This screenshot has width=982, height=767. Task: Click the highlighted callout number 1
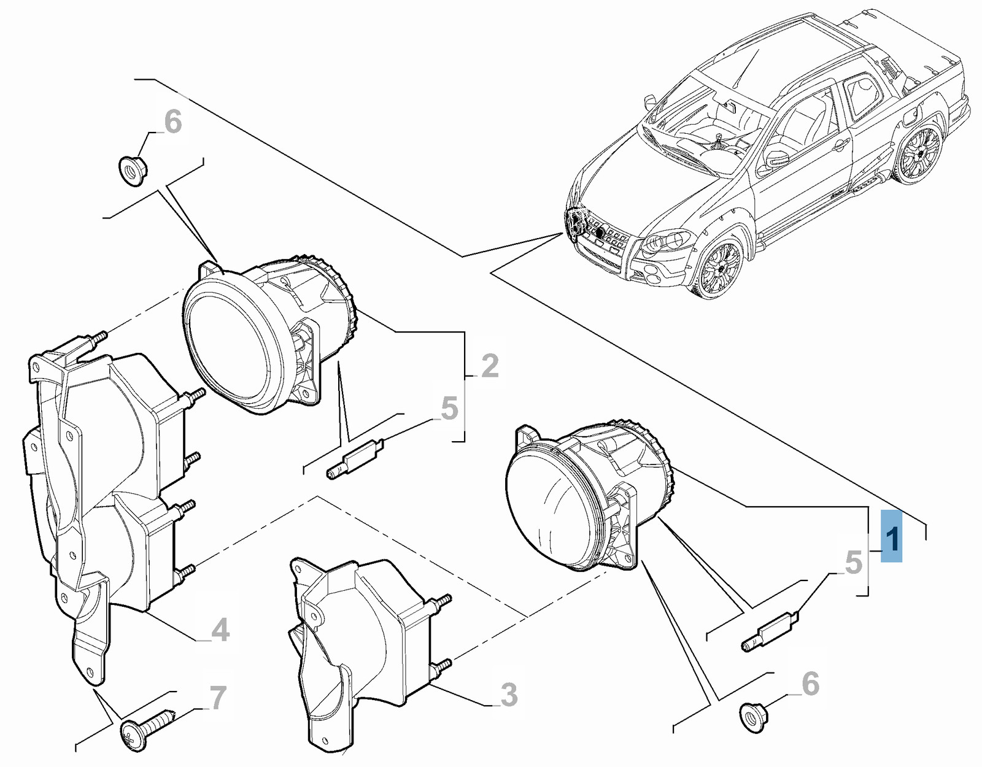click(891, 537)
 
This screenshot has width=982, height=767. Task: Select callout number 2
click(490, 366)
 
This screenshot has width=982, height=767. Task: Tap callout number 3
click(509, 695)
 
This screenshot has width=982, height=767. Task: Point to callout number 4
click(220, 630)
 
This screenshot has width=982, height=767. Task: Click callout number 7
click(218, 698)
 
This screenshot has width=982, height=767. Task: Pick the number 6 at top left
click(173, 122)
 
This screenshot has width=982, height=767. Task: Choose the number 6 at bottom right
click(810, 684)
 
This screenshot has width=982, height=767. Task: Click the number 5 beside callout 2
click(449, 409)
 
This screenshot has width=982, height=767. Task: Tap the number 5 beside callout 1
click(853, 563)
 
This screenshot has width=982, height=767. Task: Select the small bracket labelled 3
click(356, 644)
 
